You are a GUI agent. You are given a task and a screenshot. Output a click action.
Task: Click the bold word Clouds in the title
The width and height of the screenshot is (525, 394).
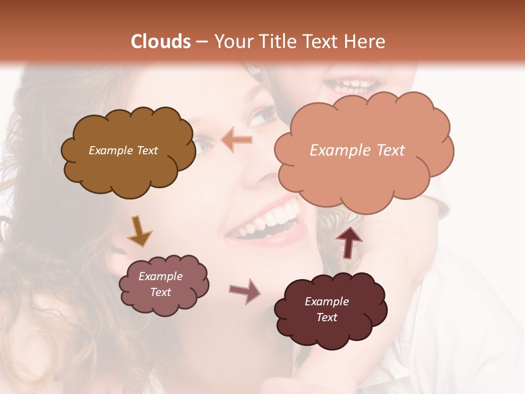point(161,42)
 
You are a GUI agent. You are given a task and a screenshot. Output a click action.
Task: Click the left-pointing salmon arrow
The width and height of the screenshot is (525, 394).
point(237,141)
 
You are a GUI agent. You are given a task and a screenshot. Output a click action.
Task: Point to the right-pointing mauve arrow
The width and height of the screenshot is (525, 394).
point(244,291)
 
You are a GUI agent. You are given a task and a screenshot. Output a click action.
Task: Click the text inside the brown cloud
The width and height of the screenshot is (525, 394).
point(123,150)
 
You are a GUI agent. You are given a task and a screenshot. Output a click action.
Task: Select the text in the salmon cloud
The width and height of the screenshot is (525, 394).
point(357,150)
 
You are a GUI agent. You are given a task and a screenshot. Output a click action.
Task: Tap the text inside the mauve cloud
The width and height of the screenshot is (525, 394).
point(161,284)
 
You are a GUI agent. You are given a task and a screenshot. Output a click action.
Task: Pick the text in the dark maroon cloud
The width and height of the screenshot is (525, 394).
point(326,309)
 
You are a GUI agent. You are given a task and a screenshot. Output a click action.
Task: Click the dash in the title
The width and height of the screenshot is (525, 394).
point(202,42)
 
